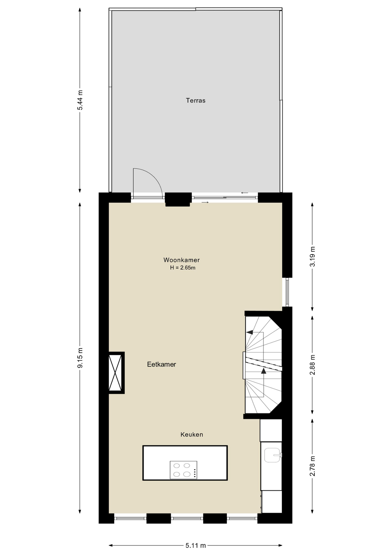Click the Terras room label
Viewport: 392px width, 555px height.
coord(195,101)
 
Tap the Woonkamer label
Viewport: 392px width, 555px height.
coord(182,260)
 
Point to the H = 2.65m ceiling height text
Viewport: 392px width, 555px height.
coord(183,268)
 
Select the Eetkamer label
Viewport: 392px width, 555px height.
coord(162,364)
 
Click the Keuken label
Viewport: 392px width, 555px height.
coord(192,434)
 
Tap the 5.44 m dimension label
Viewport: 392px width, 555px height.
coord(80,100)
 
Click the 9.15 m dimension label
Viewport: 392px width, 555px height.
coord(80,358)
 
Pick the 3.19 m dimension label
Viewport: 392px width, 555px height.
coord(312,257)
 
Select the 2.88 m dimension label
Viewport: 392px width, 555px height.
coord(312,365)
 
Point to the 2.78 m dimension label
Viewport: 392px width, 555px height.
coord(312,466)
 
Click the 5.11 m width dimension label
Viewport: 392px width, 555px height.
coord(196,545)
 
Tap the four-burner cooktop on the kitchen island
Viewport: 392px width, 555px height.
coord(183,470)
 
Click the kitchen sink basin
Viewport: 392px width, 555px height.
coord(272,455)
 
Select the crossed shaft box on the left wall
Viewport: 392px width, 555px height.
coord(116,373)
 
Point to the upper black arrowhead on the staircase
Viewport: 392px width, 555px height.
coord(250,332)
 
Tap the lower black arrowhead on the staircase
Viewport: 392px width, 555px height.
coord(264,371)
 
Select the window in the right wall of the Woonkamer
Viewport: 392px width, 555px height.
coord(287,292)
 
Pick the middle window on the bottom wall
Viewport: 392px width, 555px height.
coord(187,518)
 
